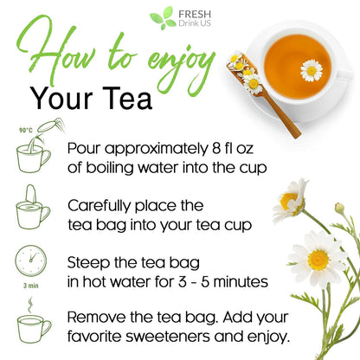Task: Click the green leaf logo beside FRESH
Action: (162, 17)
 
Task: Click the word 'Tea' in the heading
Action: (128, 97)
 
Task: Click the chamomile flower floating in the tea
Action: (312, 70)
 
